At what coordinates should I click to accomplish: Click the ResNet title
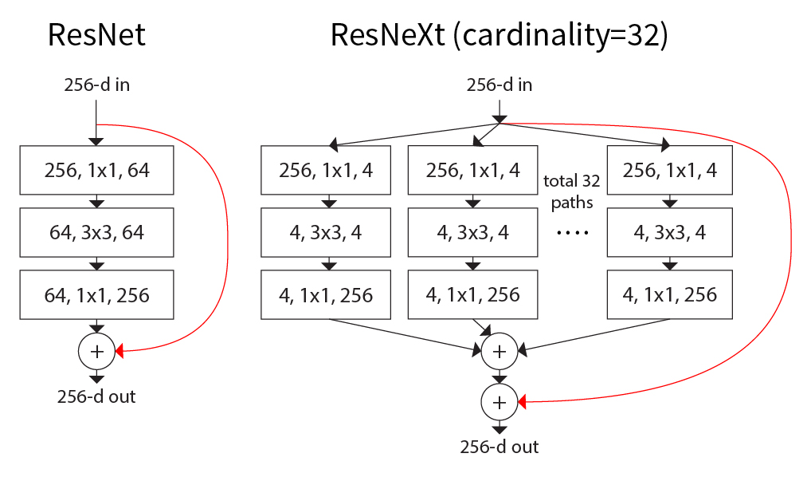tap(96, 36)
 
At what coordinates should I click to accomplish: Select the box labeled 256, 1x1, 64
tap(96, 170)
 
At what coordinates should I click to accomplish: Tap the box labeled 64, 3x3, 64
tap(96, 233)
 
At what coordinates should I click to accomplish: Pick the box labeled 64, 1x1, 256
tap(96, 295)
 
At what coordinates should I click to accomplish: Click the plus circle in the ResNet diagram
tap(96, 350)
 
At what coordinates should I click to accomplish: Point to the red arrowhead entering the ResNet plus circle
tap(119, 350)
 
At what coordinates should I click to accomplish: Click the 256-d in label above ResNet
tap(96, 85)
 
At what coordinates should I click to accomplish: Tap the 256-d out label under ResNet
tap(96, 396)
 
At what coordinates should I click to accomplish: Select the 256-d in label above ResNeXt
tap(500, 85)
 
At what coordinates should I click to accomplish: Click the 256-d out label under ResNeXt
tap(500, 447)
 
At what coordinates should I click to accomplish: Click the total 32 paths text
tap(571, 191)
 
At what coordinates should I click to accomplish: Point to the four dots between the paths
tap(571, 233)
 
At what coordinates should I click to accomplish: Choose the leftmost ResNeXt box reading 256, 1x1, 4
tap(326, 170)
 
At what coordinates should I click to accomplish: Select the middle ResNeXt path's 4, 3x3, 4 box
tap(472, 233)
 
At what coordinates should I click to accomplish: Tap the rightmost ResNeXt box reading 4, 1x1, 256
tap(670, 295)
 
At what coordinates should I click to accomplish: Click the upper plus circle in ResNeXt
tap(500, 350)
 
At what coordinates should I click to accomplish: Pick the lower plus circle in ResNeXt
tap(500, 403)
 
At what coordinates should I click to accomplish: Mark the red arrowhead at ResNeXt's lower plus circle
tap(523, 403)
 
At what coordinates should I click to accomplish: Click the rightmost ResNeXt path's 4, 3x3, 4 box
tap(670, 233)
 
